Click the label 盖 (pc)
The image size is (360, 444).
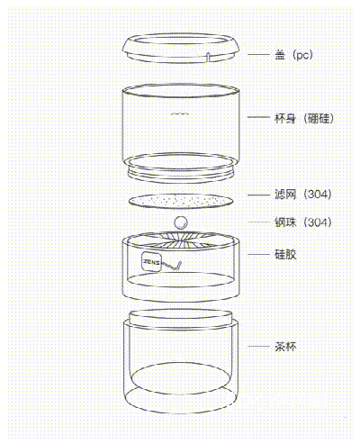click(x=293, y=55)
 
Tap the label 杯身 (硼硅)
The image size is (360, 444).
click(x=304, y=118)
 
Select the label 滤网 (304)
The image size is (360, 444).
click(x=303, y=195)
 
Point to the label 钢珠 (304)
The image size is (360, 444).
click(x=303, y=222)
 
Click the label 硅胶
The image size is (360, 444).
click(x=285, y=254)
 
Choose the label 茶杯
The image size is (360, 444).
click(x=285, y=347)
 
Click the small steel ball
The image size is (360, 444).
click(x=181, y=222)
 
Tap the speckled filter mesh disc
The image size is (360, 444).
click(x=181, y=201)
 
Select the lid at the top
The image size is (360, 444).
click(x=181, y=49)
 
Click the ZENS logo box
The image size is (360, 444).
click(x=151, y=262)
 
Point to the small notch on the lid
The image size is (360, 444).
click(x=208, y=57)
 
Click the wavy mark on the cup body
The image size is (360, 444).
click(x=179, y=113)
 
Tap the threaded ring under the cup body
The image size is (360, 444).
click(x=181, y=174)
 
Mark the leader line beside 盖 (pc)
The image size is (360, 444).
click(x=258, y=55)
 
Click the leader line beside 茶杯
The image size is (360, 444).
click(x=258, y=347)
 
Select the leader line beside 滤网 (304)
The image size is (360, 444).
click(x=258, y=195)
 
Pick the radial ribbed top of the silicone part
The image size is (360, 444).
click(x=181, y=240)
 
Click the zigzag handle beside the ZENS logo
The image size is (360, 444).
click(x=172, y=266)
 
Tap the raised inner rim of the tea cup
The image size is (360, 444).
click(x=181, y=318)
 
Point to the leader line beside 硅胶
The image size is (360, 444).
click(x=258, y=255)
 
